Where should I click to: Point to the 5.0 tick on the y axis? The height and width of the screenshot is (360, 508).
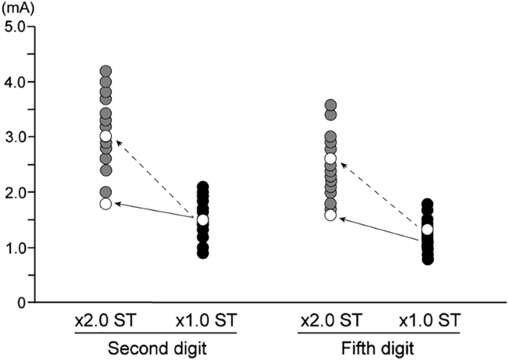[x=16, y=26]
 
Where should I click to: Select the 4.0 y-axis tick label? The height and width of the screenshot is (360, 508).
[x=16, y=82]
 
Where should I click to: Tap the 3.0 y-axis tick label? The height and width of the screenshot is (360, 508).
[x=16, y=137]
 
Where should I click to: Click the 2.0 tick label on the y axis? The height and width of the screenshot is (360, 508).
[x=16, y=192]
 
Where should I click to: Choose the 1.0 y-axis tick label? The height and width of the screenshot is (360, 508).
[x=16, y=248]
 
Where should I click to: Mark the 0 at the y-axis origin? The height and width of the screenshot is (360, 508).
[x=22, y=303]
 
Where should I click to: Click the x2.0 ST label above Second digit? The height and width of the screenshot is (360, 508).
[x=105, y=321]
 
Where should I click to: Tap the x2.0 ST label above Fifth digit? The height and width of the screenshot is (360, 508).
[x=331, y=321]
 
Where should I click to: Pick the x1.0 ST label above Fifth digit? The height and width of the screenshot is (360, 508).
[x=429, y=321]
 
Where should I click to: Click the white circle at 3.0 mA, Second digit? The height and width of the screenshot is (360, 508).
[x=105, y=136]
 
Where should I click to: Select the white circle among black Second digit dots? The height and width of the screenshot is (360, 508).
[x=202, y=220]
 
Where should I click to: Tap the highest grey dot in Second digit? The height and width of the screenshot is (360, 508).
[x=105, y=71]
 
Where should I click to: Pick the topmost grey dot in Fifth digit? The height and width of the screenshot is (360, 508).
[x=331, y=105]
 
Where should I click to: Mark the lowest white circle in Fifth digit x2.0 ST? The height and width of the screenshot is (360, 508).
[x=331, y=215]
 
